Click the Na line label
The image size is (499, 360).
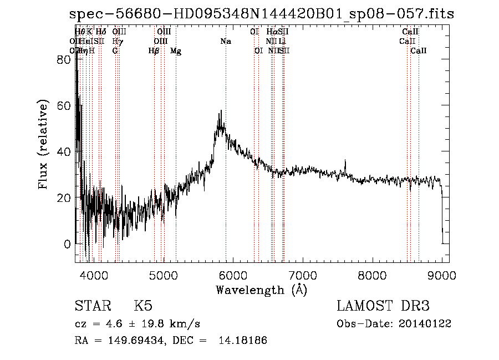pyautogui.click(x=226, y=42)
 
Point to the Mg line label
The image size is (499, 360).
pyautogui.click(x=175, y=51)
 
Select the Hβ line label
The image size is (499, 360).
pyautogui.click(x=154, y=51)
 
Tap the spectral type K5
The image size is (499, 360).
pyautogui.click(x=143, y=306)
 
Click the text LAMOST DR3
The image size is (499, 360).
pyautogui.click(x=383, y=306)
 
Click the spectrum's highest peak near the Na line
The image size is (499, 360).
pyautogui.click(x=221, y=111)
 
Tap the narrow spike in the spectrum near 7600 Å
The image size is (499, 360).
pyautogui.click(x=345, y=161)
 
